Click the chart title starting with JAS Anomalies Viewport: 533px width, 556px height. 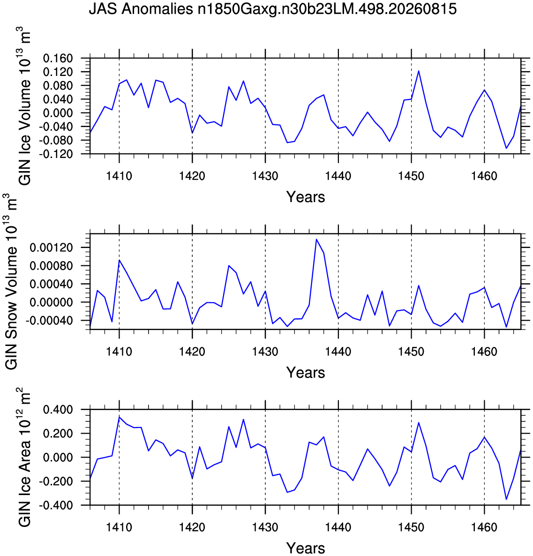click(272, 9)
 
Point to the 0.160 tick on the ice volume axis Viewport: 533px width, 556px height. click(58, 58)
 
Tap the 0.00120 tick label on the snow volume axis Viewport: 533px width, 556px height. click(51, 248)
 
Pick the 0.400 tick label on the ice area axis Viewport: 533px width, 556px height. click(58, 410)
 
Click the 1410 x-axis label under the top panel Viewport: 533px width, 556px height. click(119, 176)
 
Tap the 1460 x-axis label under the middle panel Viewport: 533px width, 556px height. click(484, 352)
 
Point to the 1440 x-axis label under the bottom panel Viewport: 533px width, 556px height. click(338, 527)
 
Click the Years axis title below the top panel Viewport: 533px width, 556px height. click(306, 197)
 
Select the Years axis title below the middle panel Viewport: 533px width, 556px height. click(306, 373)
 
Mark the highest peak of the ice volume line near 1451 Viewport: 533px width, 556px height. click(419, 71)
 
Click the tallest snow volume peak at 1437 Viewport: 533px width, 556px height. click(316, 240)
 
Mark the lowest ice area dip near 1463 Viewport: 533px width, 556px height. click(506, 499)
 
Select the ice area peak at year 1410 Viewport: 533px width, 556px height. click(119, 417)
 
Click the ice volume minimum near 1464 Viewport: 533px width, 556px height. click(506, 148)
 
